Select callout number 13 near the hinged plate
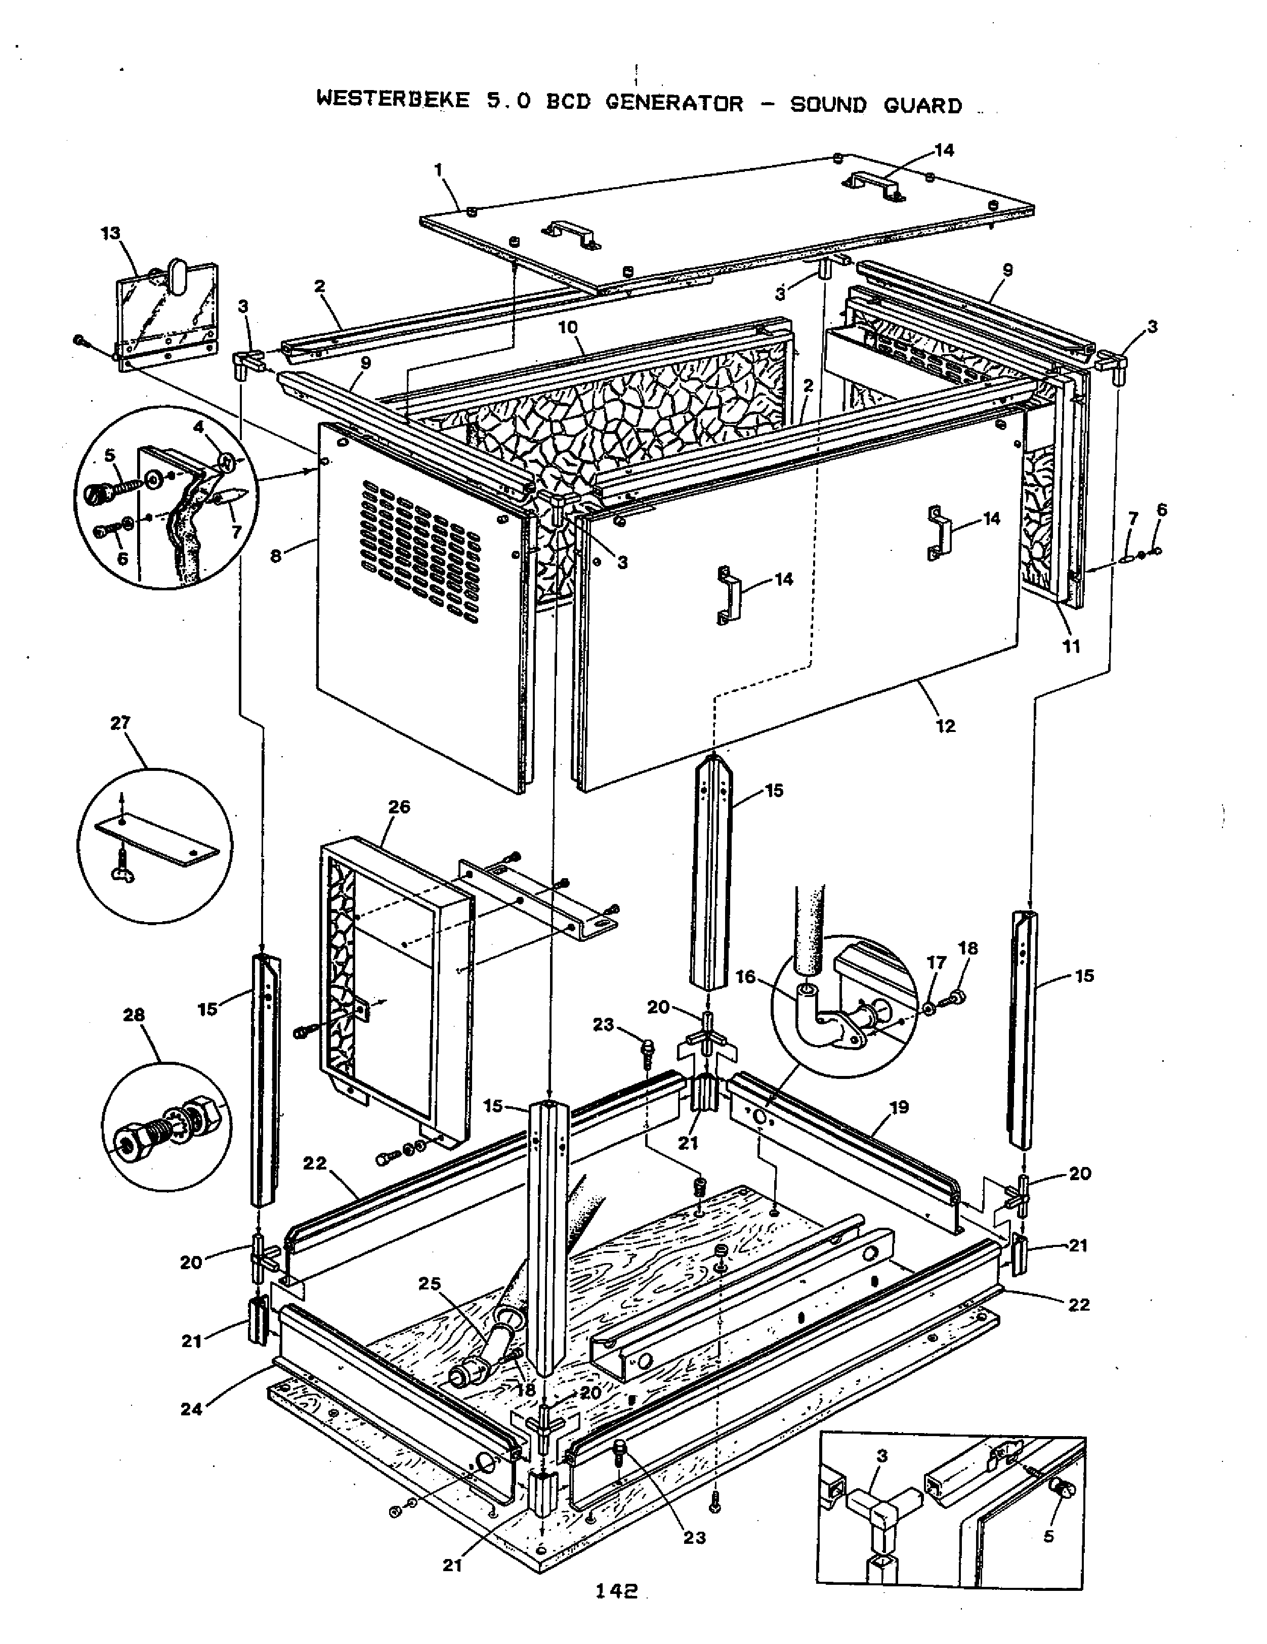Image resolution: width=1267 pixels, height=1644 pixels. tap(111, 233)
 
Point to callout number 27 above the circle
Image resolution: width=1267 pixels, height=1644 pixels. tap(120, 723)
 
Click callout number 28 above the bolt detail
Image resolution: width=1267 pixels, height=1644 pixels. tap(134, 1015)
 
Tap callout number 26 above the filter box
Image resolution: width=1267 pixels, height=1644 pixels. tap(399, 807)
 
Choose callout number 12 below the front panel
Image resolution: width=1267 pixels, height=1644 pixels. tap(946, 726)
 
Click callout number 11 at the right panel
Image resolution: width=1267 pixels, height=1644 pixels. tap(1071, 646)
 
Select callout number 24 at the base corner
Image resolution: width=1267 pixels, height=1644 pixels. tap(191, 1409)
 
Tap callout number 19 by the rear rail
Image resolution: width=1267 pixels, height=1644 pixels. tap(899, 1107)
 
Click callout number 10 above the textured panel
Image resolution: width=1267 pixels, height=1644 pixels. tap(568, 327)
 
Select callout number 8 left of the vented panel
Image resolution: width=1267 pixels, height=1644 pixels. tap(276, 557)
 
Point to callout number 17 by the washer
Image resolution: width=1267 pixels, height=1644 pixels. tap(936, 963)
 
